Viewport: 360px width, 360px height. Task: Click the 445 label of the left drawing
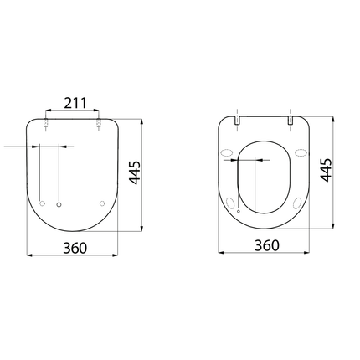pos(134,172)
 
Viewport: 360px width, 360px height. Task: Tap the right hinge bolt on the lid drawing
pos(100,126)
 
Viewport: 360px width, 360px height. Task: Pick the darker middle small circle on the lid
pos(59,203)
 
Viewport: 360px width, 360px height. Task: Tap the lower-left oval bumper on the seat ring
pos(232,203)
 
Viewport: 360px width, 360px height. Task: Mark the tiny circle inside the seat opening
pos(239,212)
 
